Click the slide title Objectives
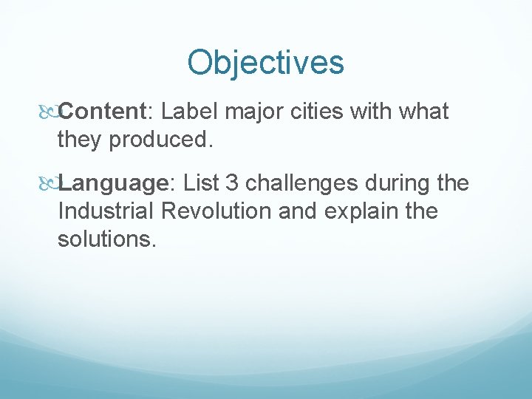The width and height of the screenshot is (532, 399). [x=265, y=63]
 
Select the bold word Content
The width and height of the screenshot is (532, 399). [x=103, y=112]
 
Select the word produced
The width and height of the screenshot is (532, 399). [x=160, y=140]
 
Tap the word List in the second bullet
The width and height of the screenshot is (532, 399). [x=202, y=183]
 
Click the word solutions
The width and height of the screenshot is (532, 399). [x=106, y=239]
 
